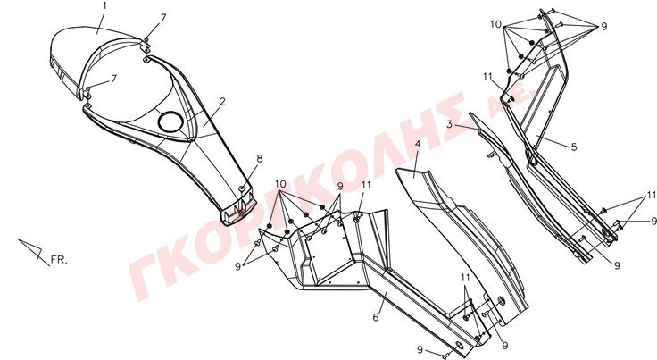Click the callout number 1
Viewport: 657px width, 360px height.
coord(104,6)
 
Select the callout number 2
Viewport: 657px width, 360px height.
coord(222,102)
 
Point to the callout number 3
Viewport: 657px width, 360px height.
coord(449,124)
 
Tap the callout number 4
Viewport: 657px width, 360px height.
coord(418,144)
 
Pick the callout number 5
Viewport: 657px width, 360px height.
coord(574,147)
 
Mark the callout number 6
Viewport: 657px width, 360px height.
coord(376,317)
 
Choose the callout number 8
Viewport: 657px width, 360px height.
coord(260,159)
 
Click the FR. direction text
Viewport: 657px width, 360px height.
coord(59,260)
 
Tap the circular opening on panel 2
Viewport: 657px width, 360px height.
coord(170,121)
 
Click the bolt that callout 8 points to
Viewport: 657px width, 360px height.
coord(242,189)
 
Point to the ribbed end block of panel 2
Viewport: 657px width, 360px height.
coord(238,213)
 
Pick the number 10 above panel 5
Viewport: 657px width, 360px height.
coord(495,24)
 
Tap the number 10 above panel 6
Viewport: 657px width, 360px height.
coord(280,184)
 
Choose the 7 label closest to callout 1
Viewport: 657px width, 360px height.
coord(163,18)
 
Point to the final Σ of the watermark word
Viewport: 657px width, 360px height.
coord(439,117)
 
